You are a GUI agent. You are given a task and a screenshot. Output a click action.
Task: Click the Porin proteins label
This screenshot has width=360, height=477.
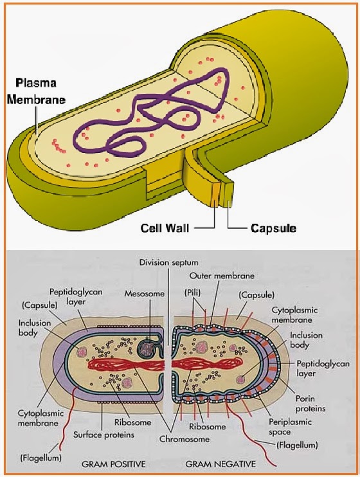click(x=310, y=403)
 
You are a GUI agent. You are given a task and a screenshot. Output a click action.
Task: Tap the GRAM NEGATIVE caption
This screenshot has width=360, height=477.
click(x=221, y=463)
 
